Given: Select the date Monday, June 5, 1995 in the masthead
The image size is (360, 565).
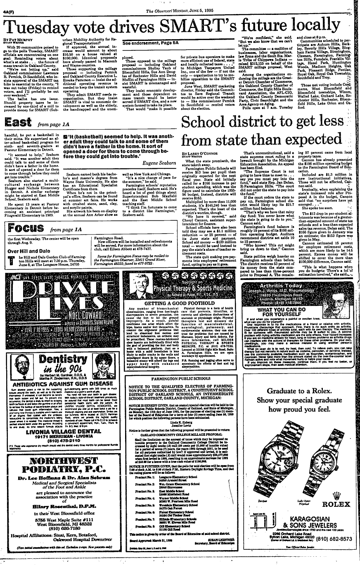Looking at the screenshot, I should coord(185,5).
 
